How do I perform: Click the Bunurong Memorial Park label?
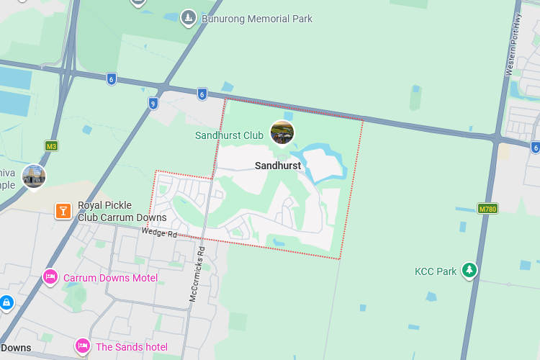pyautogui.click(x=256, y=19)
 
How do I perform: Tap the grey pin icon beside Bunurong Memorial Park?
pyautogui.click(x=189, y=17)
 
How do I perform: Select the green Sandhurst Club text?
pyautogui.click(x=229, y=135)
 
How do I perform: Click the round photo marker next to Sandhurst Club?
pyautogui.click(x=282, y=132)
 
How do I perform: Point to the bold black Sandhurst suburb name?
pyautogui.click(x=278, y=166)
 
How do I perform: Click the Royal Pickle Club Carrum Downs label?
pyautogui.click(x=122, y=211)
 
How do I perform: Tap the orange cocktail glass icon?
pyautogui.click(x=63, y=210)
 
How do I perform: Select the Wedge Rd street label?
pyautogui.click(x=158, y=233)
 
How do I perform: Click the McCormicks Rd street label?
pyautogui.click(x=197, y=274)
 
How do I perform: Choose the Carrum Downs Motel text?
pyautogui.click(x=110, y=278)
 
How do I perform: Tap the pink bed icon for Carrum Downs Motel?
pyautogui.click(x=50, y=276)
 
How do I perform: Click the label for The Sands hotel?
pyautogui.click(x=131, y=347)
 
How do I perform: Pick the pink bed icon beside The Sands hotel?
pyautogui.click(x=82, y=346)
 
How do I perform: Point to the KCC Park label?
pyautogui.click(x=436, y=271)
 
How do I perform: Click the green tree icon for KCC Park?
pyautogui.click(x=469, y=270)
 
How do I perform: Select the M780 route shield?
pyautogui.click(x=487, y=208)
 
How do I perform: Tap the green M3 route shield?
pyautogui.click(x=51, y=145)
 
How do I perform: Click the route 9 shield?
pyautogui.click(x=153, y=104)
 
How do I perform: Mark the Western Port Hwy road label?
pyautogui.click(x=513, y=45)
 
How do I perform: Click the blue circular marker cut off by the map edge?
pyautogui.click(x=6, y=303)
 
